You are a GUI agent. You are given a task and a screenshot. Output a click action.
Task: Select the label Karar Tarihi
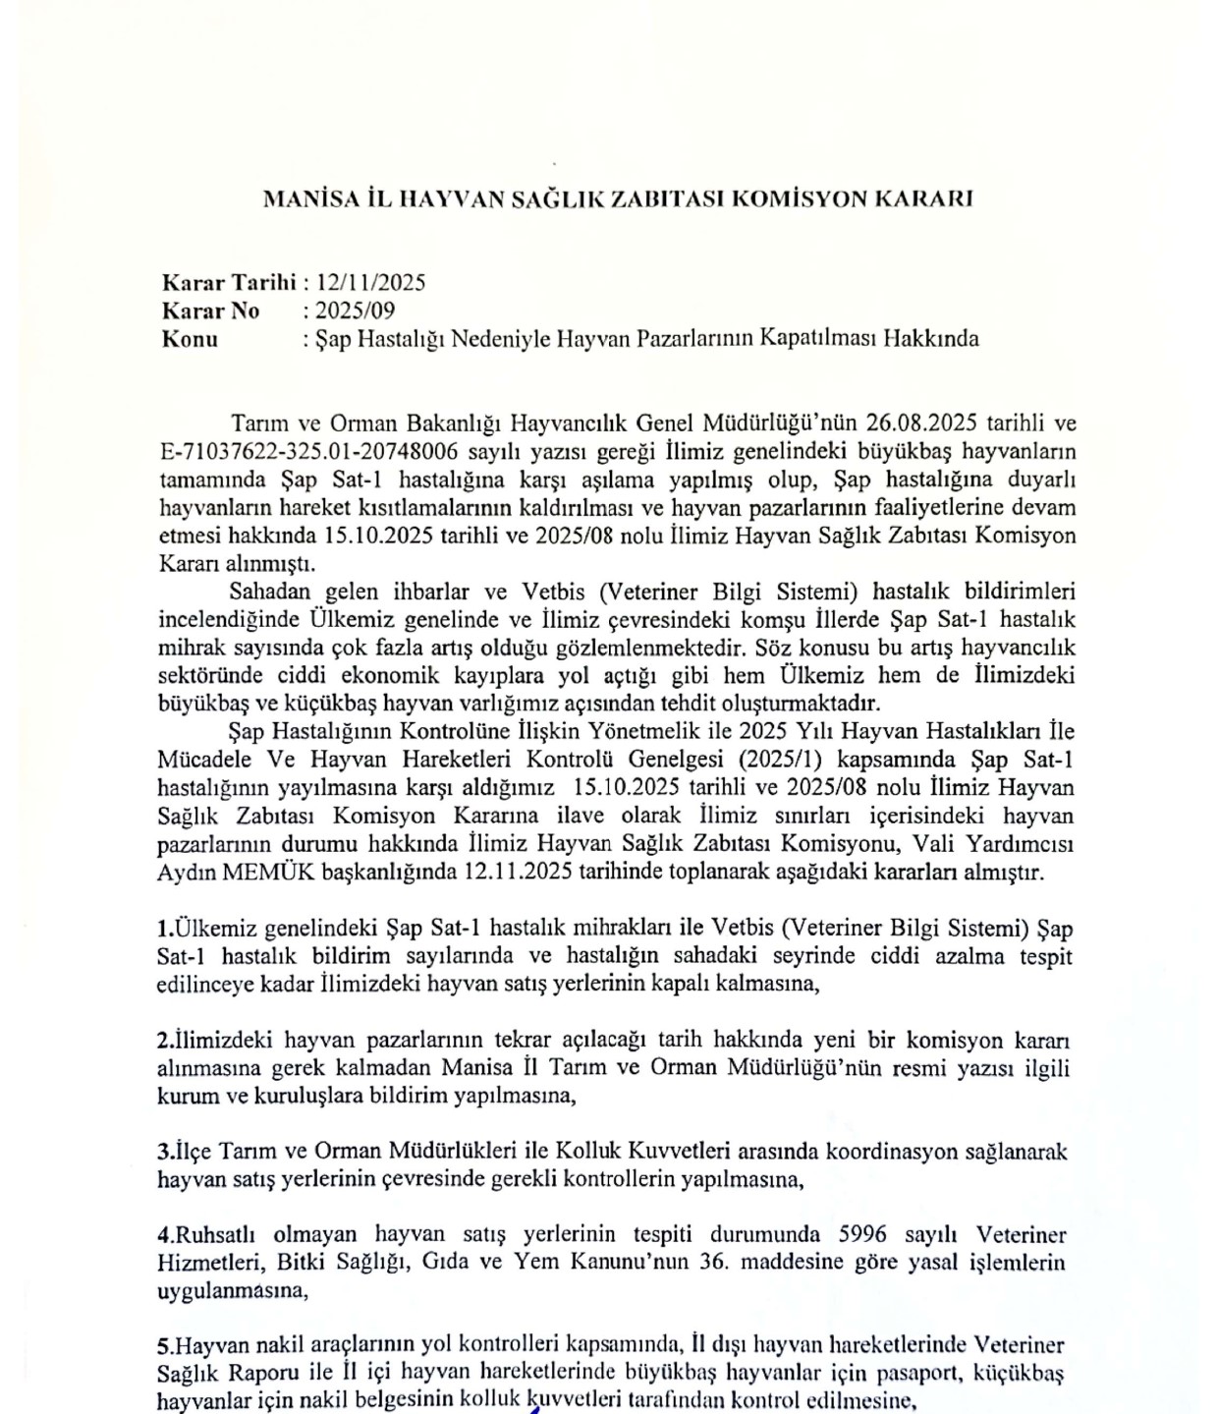click(x=229, y=283)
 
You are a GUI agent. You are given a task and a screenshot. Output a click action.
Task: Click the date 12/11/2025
click(x=370, y=283)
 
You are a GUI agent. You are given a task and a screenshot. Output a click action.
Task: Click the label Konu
click(x=191, y=339)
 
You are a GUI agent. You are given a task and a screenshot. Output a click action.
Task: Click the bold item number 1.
click(x=164, y=929)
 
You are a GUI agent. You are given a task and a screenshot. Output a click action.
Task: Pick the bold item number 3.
click(x=164, y=1151)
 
